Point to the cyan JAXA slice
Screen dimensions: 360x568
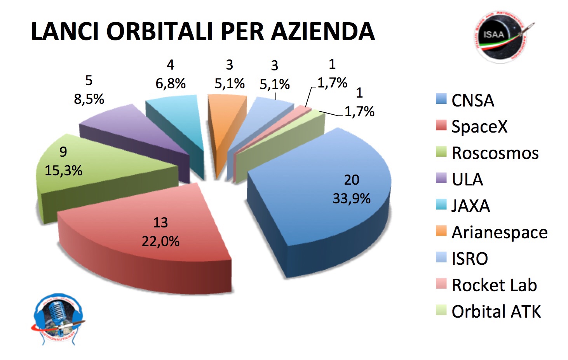175,117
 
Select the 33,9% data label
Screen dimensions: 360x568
351,199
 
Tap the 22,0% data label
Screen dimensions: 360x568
160,241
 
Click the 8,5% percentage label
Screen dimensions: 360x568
89,99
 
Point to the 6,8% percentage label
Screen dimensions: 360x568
171,83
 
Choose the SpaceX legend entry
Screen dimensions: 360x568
479,126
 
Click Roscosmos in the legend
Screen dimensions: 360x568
495,153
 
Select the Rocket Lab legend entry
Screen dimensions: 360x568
494,285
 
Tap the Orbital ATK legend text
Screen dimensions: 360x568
496,311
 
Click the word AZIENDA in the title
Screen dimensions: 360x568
322,31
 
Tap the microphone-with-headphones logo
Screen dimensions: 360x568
58,319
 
